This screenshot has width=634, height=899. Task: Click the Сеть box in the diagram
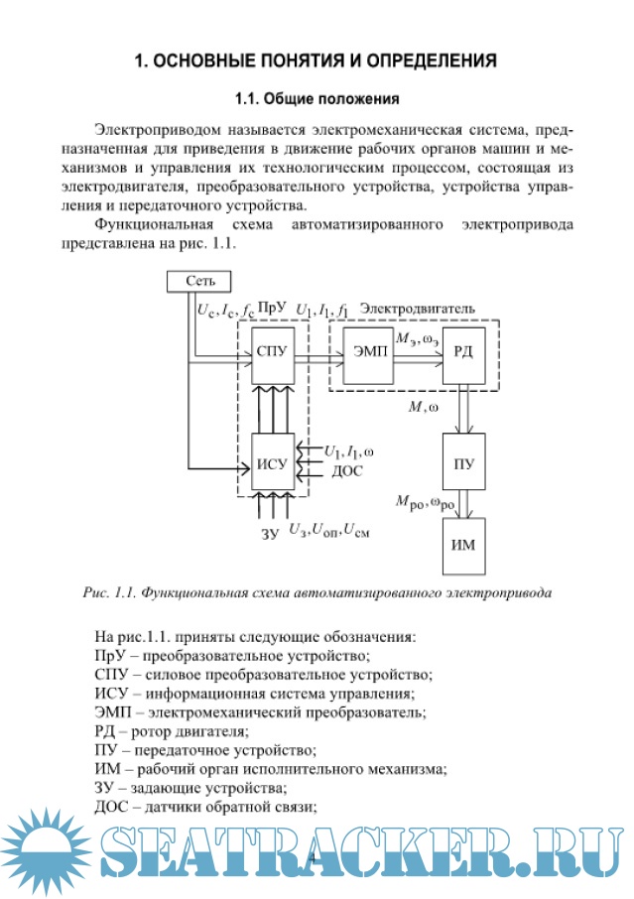(198, 281)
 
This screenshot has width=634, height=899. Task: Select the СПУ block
(270, 358)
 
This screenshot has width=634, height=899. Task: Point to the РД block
(462, 358)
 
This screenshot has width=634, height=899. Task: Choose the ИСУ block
(270, 461)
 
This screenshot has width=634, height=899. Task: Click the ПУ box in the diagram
(462, 462)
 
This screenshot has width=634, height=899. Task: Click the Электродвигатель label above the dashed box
(417, 309)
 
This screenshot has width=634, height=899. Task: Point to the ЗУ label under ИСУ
(270, 534)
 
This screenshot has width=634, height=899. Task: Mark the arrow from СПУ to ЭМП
(317, 358)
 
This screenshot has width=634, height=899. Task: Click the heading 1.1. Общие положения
(316, 99)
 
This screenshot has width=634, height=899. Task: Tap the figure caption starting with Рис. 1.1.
(317, 593)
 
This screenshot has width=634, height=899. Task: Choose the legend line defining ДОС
(205, 807)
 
